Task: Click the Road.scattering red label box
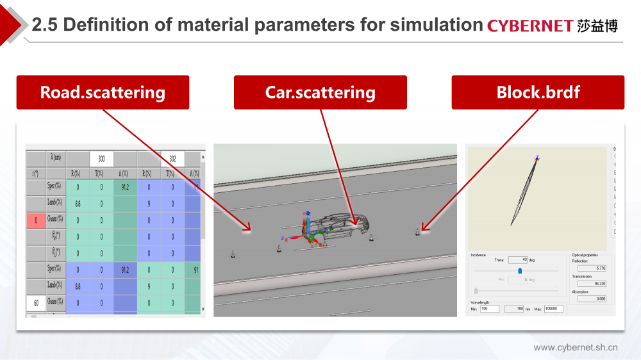[103, 92]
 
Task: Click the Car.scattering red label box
[320, 92]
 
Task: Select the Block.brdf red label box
[538, 92]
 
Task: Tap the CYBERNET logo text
[529, 26]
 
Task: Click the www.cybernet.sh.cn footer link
[576, 348]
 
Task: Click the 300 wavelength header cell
[101, 158]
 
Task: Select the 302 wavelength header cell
[172, 158]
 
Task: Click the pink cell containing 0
[36, 220]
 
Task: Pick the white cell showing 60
[36, 301]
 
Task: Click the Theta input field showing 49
[517, 260]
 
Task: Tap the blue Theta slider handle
[519, 270]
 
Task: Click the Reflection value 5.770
[592, 268]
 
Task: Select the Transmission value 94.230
[592, 283]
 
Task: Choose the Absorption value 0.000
[592, 299]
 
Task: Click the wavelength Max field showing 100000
[553, 309]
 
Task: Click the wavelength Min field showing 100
[489, 309]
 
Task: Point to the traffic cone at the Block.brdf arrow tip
[417, 231]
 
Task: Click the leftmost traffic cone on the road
[233, 255]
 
